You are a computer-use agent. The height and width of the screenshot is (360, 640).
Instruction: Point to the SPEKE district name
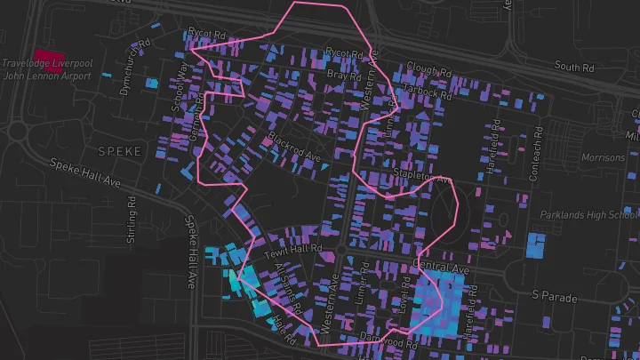pyautogui.click(x=120, y=151)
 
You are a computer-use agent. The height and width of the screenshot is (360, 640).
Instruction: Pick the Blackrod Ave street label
pyautogui.click(x=292, y=149)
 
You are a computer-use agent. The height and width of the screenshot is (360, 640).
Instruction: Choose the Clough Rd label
pyautogui.click(x=424, y=68)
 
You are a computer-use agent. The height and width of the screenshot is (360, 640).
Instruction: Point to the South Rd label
pyautogui.click(x=573, y=67)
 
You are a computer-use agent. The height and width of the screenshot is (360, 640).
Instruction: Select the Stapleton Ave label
pyautogui.click(x=422, y=177)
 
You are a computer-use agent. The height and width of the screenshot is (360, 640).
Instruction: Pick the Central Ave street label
pyautogui.click(x=441, y=268)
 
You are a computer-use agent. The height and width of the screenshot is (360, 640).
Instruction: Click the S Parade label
pyautogui.click(x=554, y=293)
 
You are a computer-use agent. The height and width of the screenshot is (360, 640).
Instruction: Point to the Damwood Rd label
pyautogui.click(x=388, y=339)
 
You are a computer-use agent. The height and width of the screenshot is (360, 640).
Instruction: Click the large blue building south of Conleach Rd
pyautogui.click(x=536, y=245)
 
